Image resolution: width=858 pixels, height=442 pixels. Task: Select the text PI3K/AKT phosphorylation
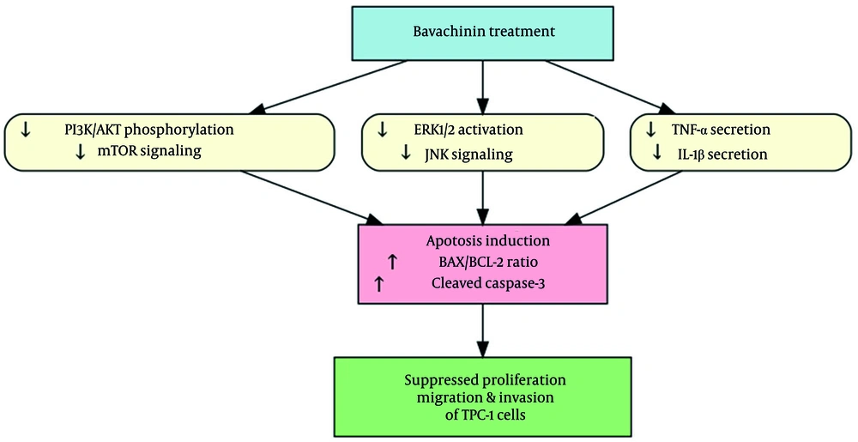(x=160, y=130)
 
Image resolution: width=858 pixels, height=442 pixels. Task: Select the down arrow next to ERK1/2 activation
(x=382, y=130)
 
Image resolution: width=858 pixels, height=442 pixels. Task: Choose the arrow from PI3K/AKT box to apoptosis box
(x=309, y=194)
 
